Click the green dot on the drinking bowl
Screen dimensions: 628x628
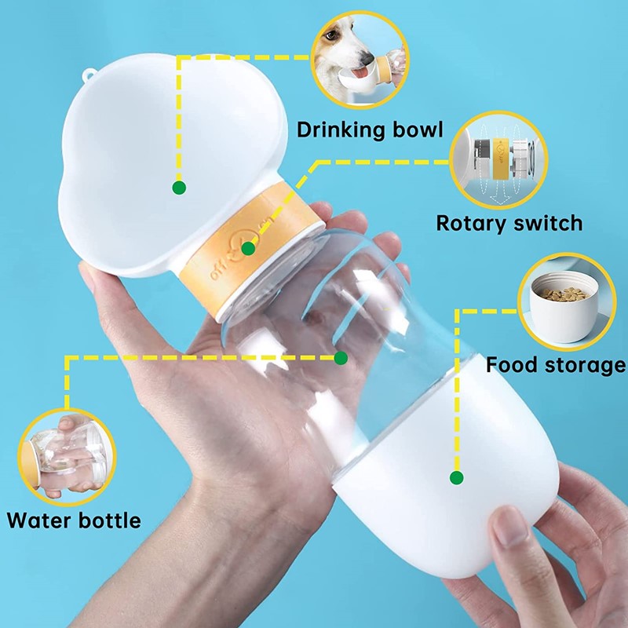point(179,188)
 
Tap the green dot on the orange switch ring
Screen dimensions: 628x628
point(248,249)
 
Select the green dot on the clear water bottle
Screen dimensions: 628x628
point(341,358)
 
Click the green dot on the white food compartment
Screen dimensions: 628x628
point(456,476)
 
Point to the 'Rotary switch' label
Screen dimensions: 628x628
point(509,223)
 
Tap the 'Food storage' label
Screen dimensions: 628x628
point(555,365)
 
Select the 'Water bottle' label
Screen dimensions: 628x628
point(74,520)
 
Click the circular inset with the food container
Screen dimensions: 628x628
point(564,302)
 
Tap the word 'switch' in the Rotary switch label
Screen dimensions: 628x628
point(547,223)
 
